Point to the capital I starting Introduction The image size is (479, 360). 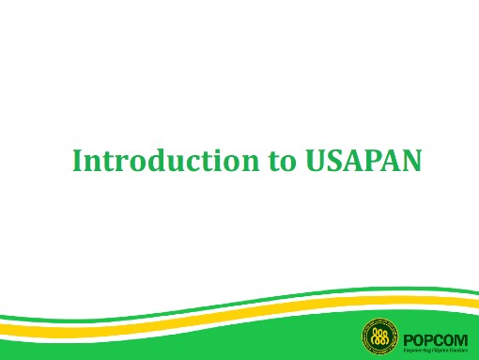(78, 161)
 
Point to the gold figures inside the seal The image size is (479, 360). (381, 337)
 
